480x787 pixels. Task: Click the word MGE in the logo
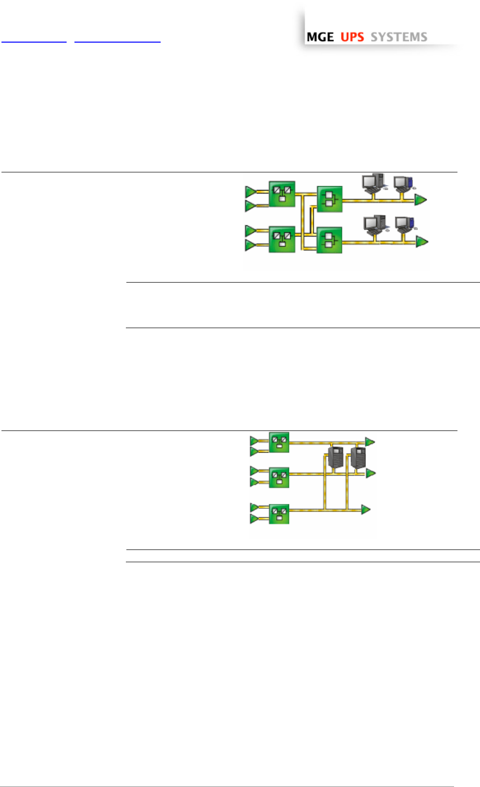[x=320, y=37]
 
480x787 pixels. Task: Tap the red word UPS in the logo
[x=352, y=37]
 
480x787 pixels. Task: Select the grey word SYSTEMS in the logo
[x=399, y=37]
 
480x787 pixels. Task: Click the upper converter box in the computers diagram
[x=282, y=194]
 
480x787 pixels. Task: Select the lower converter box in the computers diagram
[x=282, y=239]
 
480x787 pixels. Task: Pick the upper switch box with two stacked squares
[x=330, y=199]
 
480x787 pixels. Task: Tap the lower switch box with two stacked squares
[x=330, y=240]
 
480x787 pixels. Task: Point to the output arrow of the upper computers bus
[x=421, y=199]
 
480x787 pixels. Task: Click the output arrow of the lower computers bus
[x=422, y=242]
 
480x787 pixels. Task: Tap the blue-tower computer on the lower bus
[x=405, y=225]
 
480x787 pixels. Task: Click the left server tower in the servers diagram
[x=335, y=457]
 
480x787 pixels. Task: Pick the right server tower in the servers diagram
[x=358, y=457]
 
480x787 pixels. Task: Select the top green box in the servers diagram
[x=279, y=442]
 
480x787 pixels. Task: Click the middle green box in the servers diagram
[x=279, y=477]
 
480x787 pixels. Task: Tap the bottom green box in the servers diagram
[x=279, y=514]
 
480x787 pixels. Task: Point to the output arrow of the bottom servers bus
[x=366, y=509]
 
